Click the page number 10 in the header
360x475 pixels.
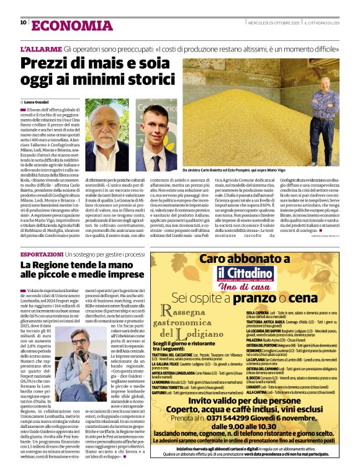pos(23,23)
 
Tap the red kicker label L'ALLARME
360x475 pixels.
pos(40,48)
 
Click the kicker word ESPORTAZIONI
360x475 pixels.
pos(41,254)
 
